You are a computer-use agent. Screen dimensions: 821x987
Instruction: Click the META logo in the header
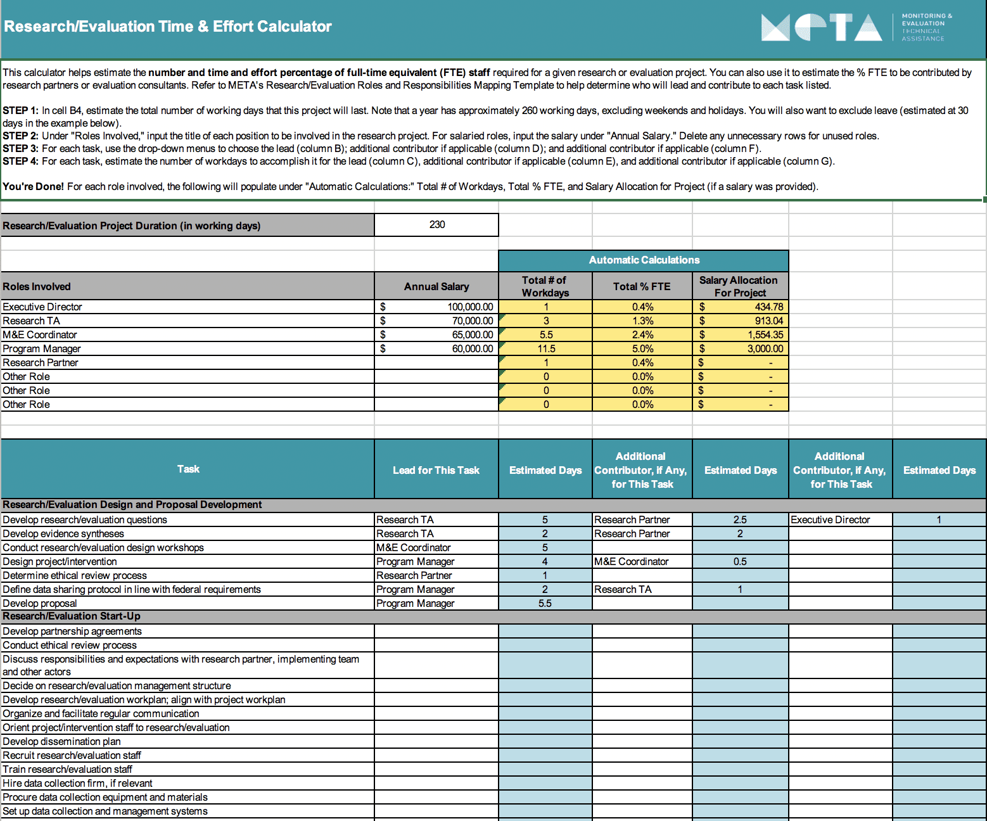tap(822, 27)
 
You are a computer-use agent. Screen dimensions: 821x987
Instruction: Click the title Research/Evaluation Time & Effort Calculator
tap(168, 27)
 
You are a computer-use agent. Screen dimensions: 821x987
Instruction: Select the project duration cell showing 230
tap(436, 225)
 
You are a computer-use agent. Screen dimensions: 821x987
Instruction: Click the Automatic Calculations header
tap(644, 260)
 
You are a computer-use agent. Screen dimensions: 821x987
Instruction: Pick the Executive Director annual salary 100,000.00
tap(470, 307)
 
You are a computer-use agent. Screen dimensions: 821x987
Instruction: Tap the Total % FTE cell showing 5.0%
tap(642, 349)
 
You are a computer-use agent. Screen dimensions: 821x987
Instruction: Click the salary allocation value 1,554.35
tap(765, 335)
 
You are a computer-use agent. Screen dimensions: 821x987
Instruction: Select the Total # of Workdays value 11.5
tap(545, 349)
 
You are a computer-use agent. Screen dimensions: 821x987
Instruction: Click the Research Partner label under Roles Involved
tap(41, 363)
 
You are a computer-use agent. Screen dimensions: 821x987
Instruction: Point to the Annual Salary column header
tap(436, 287)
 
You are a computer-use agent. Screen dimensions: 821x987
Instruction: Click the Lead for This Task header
tap(436, 470)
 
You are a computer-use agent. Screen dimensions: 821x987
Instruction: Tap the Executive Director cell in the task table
tap(830, 520)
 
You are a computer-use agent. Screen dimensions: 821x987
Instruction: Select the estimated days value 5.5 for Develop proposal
tap(545, 604)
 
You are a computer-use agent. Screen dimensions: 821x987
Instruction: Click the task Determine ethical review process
tap(75, 576)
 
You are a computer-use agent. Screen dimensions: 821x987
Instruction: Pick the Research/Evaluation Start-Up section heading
tap(72, 616)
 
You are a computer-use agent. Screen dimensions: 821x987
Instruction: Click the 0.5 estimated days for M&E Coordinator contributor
tap(739, 562)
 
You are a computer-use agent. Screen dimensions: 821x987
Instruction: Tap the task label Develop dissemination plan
tap(61, 742)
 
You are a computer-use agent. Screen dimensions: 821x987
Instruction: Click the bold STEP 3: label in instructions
tap(20, 149)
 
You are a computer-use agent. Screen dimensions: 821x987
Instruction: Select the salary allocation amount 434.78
tap(768, 307)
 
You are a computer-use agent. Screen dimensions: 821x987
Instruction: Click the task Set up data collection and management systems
tap(105, 811)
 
